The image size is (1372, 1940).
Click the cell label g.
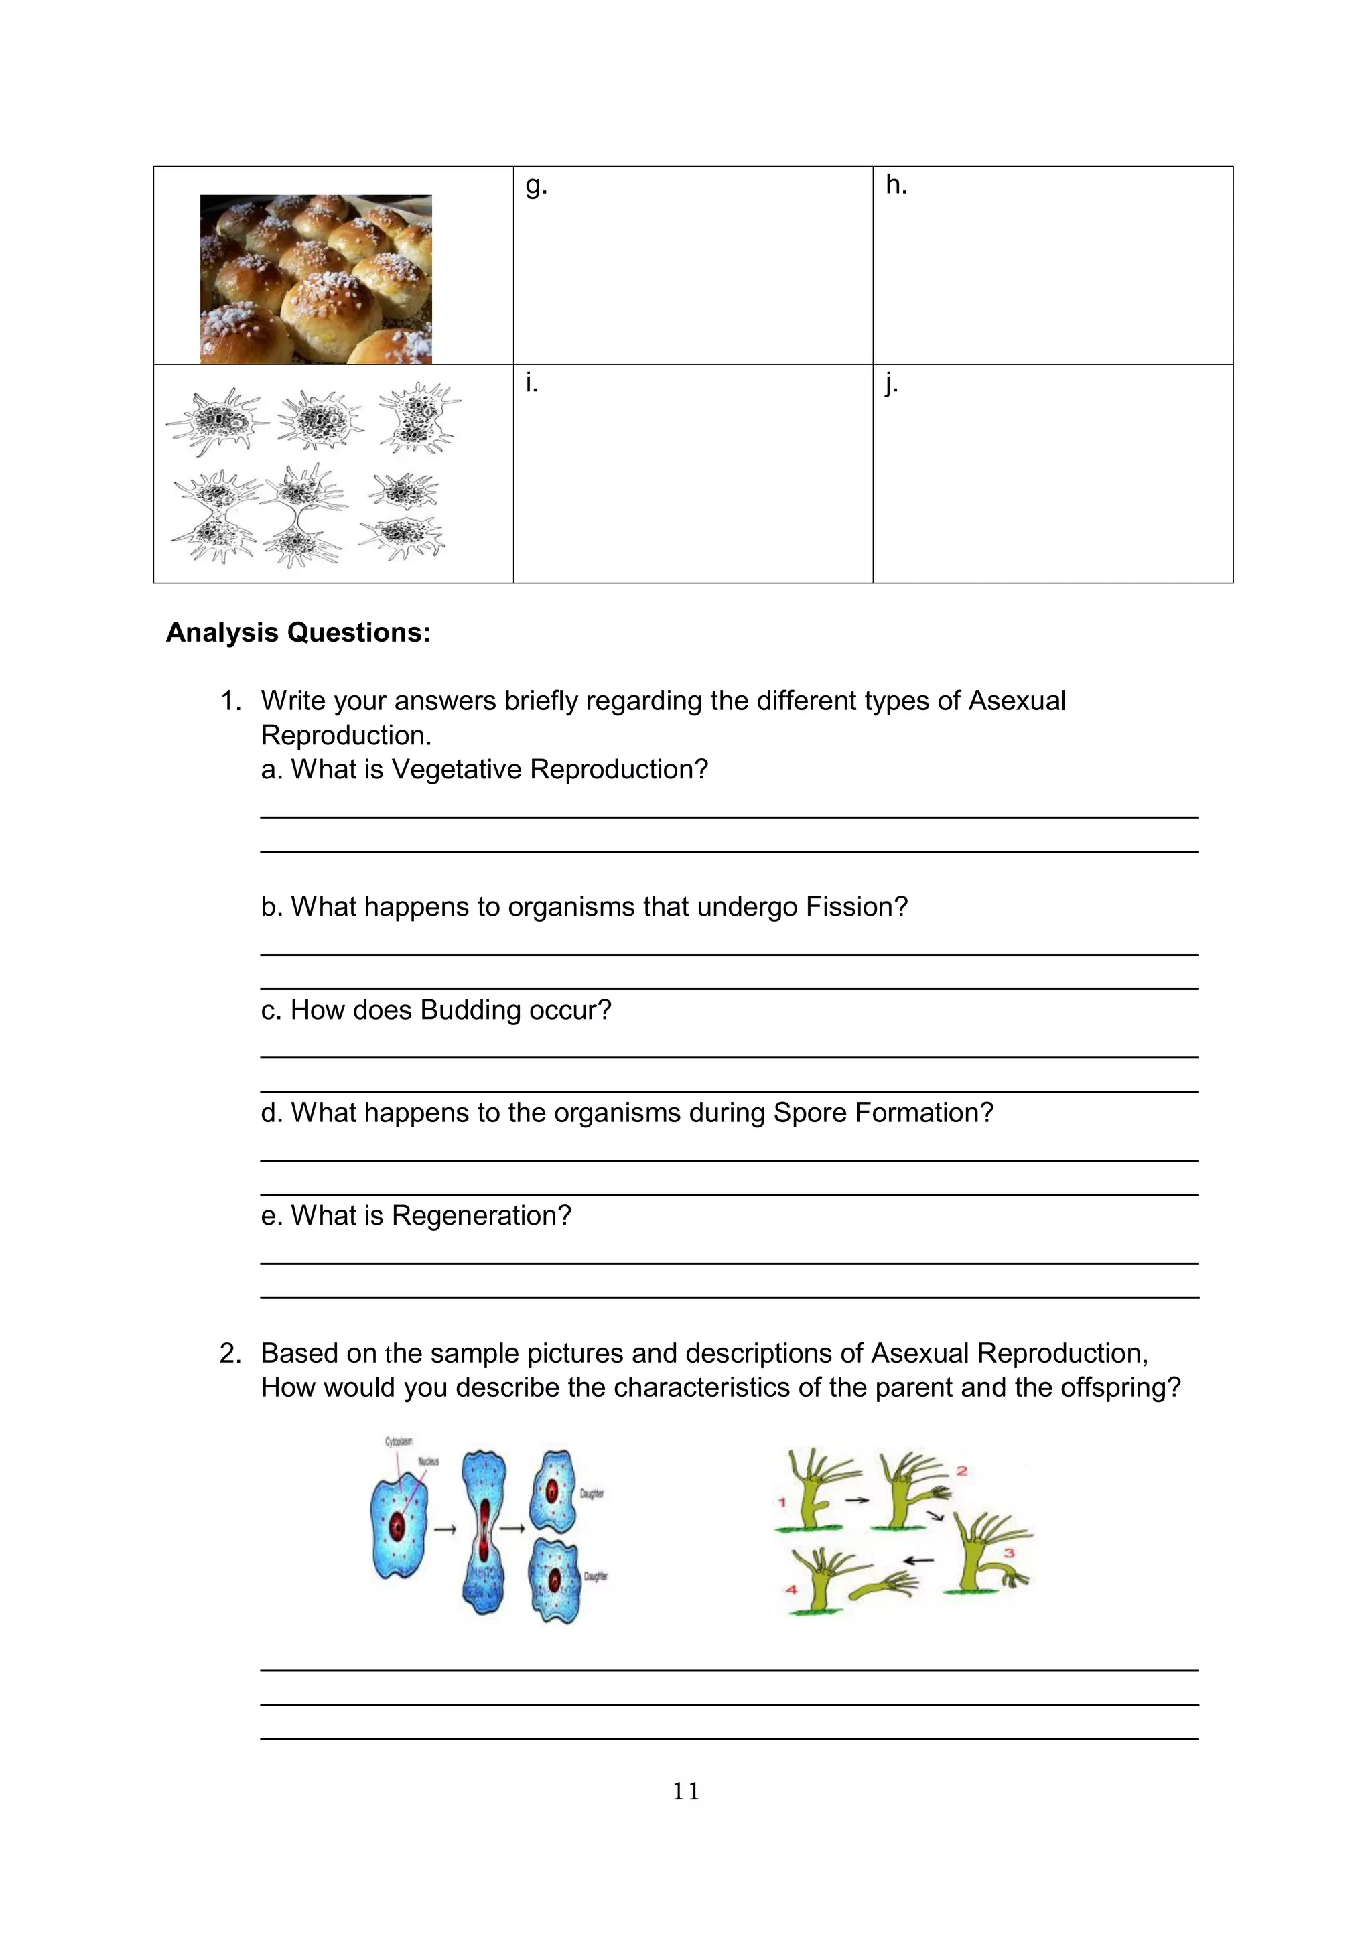(535, 186)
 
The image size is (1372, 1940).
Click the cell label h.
(896, 184)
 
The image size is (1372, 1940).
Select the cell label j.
(890, 385)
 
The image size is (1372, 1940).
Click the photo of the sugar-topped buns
(316, 279)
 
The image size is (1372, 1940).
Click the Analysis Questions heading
(298, 632)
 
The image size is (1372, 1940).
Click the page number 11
(685, 1791)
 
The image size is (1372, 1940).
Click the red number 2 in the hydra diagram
(961, 1471)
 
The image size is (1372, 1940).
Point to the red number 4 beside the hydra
(792, 1590)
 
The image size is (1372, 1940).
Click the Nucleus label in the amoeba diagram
(428, 1461)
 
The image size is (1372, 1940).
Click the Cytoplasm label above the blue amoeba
(399, 1442)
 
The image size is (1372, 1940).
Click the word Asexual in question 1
(1016, 701)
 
